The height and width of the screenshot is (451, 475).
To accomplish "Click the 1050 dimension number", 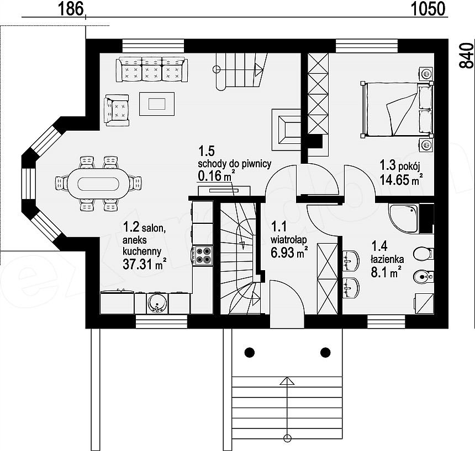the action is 429,9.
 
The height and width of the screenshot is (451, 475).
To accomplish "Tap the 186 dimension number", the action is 70,9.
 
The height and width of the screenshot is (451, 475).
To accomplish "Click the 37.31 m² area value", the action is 145,264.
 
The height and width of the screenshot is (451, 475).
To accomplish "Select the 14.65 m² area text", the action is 402,180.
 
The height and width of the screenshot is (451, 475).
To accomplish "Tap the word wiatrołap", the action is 289,240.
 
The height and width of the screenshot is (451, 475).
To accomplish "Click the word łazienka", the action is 387,259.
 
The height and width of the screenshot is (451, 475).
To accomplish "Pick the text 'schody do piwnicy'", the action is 235,164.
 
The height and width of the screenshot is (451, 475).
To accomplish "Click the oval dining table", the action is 98,183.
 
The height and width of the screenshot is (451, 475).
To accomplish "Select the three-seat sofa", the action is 152,69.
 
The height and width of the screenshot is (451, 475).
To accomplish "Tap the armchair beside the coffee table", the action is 117,110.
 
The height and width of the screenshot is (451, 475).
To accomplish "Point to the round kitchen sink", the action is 157,303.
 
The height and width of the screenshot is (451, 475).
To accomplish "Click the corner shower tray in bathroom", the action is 404,218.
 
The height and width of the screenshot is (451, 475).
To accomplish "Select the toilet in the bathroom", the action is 424,254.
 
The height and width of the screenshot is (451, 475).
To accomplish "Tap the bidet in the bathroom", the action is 424,276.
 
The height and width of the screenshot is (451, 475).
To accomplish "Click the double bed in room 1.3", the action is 397,109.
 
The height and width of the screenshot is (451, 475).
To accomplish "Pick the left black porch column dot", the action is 250,352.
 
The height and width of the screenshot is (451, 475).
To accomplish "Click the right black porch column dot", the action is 325,352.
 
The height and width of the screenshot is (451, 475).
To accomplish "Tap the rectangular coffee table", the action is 157,104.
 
